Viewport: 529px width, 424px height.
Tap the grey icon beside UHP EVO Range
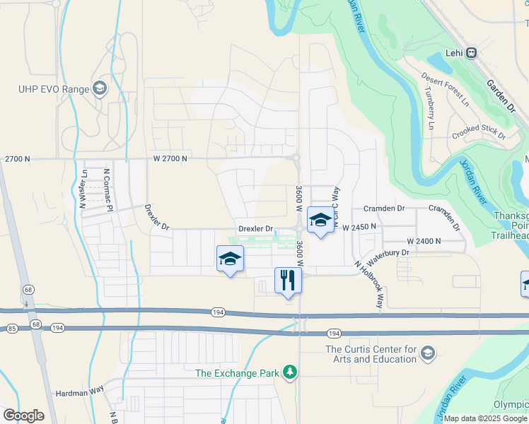pyautogui.click(x=99, y=88)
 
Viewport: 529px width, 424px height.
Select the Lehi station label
pyautogui.click(x=454, y=53)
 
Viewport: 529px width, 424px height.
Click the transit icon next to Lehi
pyautogui.click(x=471, y=53)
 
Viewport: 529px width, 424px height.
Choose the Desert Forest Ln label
pyautogui.click(x=446, y=88)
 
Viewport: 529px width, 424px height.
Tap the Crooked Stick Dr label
pyautogui.click(x=479, y=131)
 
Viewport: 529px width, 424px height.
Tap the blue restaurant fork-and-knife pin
pyautogui.click(x=288, y=281)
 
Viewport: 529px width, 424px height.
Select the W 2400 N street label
pyautogui.click(x=424, y=241)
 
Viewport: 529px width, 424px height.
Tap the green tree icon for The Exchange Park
pyautogui.click(x=289, y=372)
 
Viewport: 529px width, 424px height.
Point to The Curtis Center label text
pyautogui.click(x=371, y=354)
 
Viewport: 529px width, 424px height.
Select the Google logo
pyautogui.click(x=23, y=415)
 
